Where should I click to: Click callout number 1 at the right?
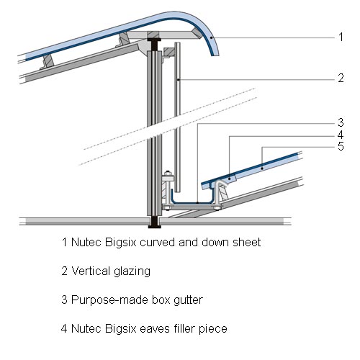341,37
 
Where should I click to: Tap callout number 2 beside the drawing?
341,78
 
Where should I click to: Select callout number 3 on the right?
341,122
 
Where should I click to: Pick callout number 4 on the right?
341,135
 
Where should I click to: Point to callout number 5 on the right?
341,146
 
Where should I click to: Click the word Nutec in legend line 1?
86,242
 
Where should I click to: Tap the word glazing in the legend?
132,272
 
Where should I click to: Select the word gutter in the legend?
189,300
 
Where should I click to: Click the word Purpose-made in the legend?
109,300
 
